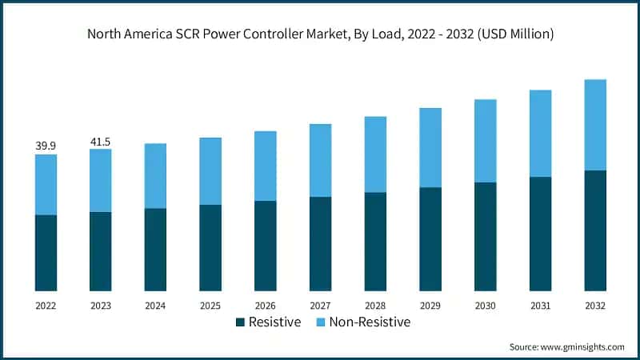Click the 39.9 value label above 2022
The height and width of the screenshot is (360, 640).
46,146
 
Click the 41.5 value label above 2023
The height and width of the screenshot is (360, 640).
101,142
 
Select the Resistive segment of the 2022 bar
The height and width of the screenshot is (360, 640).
46,253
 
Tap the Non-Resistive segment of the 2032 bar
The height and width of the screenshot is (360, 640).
595,125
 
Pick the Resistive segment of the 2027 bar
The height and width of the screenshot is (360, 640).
321,244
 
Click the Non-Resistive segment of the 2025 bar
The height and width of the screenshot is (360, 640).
210,171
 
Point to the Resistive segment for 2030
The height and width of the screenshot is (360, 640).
486,237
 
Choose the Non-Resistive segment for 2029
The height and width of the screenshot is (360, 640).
430,148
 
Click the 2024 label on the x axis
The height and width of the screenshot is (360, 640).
155,306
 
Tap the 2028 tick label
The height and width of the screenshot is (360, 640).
375,306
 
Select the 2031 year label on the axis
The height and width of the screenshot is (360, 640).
540,306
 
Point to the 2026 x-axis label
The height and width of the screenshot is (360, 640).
266,306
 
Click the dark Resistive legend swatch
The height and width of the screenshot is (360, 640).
240,322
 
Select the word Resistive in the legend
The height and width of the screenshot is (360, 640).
274,322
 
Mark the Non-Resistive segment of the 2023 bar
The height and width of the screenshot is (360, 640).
101,181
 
